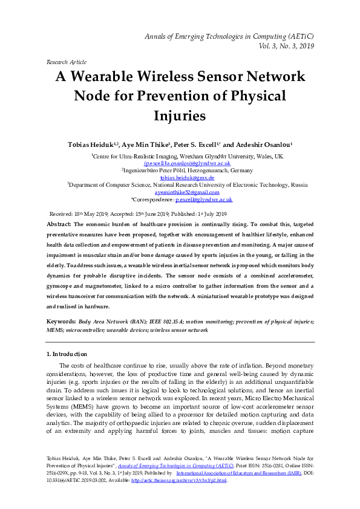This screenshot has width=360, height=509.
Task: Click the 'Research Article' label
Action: [x=66, y=62]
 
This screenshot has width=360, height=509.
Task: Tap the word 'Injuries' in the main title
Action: [x=180, y=114]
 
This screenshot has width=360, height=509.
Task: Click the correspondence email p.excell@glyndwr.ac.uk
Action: [x=204, y=199]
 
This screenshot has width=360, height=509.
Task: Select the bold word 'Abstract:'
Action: [x=60, y=224]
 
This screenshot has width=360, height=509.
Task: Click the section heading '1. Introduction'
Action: [x=67, y=354]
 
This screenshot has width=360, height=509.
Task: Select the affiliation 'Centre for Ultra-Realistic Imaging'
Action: [x=145, y=157]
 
